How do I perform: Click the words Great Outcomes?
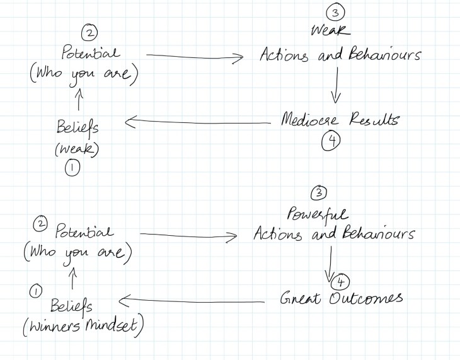pos(341,298)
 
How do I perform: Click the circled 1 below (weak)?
pos(72,168)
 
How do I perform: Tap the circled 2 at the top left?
pos(90,33)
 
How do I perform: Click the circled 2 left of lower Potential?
pos(40,223)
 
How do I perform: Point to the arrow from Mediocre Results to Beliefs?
pos(195,123)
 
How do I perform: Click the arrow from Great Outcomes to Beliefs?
pos(196,301)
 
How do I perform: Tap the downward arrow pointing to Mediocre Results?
pos(335,85)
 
